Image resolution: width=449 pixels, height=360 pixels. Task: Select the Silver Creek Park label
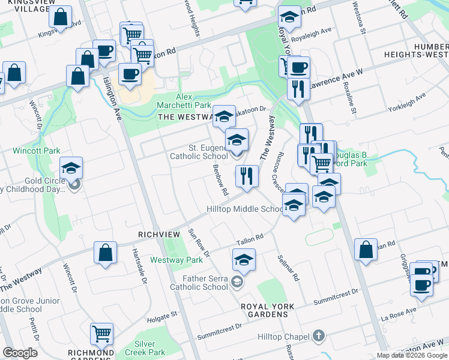coord(149,348)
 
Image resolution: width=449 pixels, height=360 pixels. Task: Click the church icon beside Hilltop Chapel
coord(319,337)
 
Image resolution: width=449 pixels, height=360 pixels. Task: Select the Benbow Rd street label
coord(220,181)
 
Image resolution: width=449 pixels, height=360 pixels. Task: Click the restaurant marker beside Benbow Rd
coord(247,176)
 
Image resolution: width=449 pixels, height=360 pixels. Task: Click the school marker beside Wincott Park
coord(71,169)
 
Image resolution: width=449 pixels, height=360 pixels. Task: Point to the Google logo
coord(20,353)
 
